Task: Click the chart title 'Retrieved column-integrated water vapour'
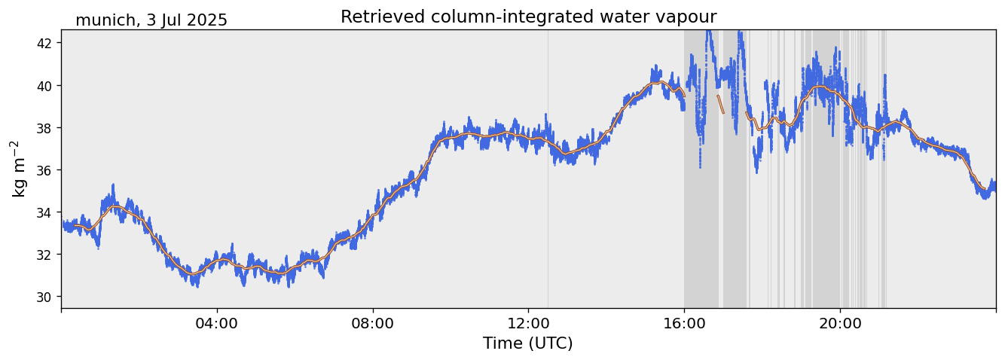point(528,17)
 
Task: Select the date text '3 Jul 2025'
point(187,20)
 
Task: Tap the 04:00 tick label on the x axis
point(217,323)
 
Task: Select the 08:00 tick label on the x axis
point(372,323)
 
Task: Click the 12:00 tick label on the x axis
point(528,323)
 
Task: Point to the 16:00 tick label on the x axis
point(684,323)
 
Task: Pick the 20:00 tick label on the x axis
point(840,323)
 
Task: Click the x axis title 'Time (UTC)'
point(528,343)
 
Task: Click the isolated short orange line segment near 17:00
point(720,104)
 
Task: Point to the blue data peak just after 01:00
point(113,185)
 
